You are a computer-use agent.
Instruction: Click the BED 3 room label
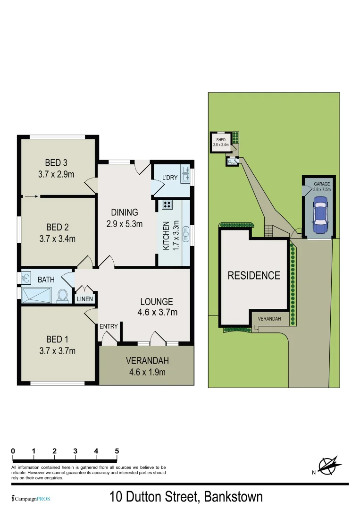(x=56, y=163)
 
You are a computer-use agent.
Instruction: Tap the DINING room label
(x=125, y=212)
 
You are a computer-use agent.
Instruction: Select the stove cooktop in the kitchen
(x=167, y=204)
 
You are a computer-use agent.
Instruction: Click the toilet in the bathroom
(x=62, y=296)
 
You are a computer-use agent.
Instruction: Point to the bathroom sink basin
(x=26, y=278)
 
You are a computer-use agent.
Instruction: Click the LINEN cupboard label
(x=85, y=299)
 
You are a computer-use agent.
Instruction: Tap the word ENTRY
(x=108, y=326)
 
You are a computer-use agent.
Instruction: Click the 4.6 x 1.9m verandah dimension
(x=147, y=372)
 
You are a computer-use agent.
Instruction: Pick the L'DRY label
(x=169, y=178)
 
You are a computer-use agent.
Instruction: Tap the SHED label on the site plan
(x=220, y=140)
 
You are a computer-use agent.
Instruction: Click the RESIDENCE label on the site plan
(x=254, y=275)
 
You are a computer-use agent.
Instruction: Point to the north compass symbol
(x=329, y=465)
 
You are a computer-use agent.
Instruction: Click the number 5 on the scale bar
(x=117, y=451)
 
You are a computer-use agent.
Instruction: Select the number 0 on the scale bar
(x=13, y=451)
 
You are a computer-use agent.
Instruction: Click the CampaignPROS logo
(x=31, y=499)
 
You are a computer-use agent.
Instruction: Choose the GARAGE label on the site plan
(x=322, y=183)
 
